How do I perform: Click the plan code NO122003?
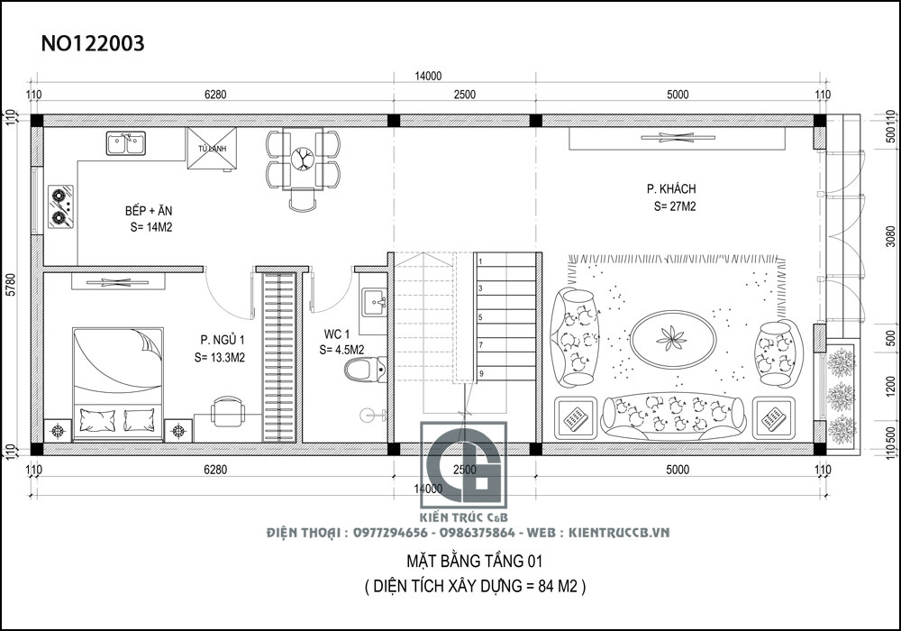pos(94,44)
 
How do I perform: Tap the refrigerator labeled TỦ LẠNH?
pos(213,148)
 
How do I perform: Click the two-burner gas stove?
pos(60,206)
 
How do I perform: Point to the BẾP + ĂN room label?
pos(149,211)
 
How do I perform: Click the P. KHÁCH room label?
pos(671,189)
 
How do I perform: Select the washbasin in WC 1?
pos(372,302)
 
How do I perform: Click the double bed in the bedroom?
pos(117,383)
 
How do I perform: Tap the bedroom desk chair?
pos(228,413)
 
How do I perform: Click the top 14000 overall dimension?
pos(427,76)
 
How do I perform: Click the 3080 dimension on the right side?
pos(890,236)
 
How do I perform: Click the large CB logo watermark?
pos(466,473)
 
